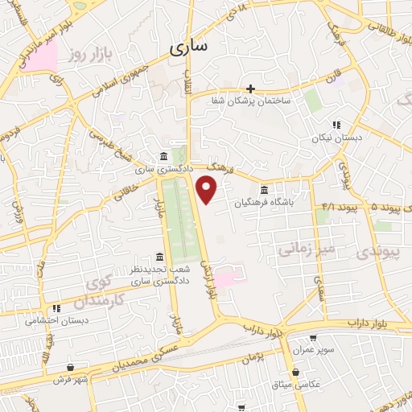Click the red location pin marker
(x=208, y=189)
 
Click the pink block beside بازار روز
(x=39, y=55)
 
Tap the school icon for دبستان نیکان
(x=336, y=125)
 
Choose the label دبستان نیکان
(x=332, y=138)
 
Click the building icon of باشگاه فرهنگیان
(x=265, y=190)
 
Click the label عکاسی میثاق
(x=297, y=385)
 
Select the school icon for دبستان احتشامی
(x=56, y=307)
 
